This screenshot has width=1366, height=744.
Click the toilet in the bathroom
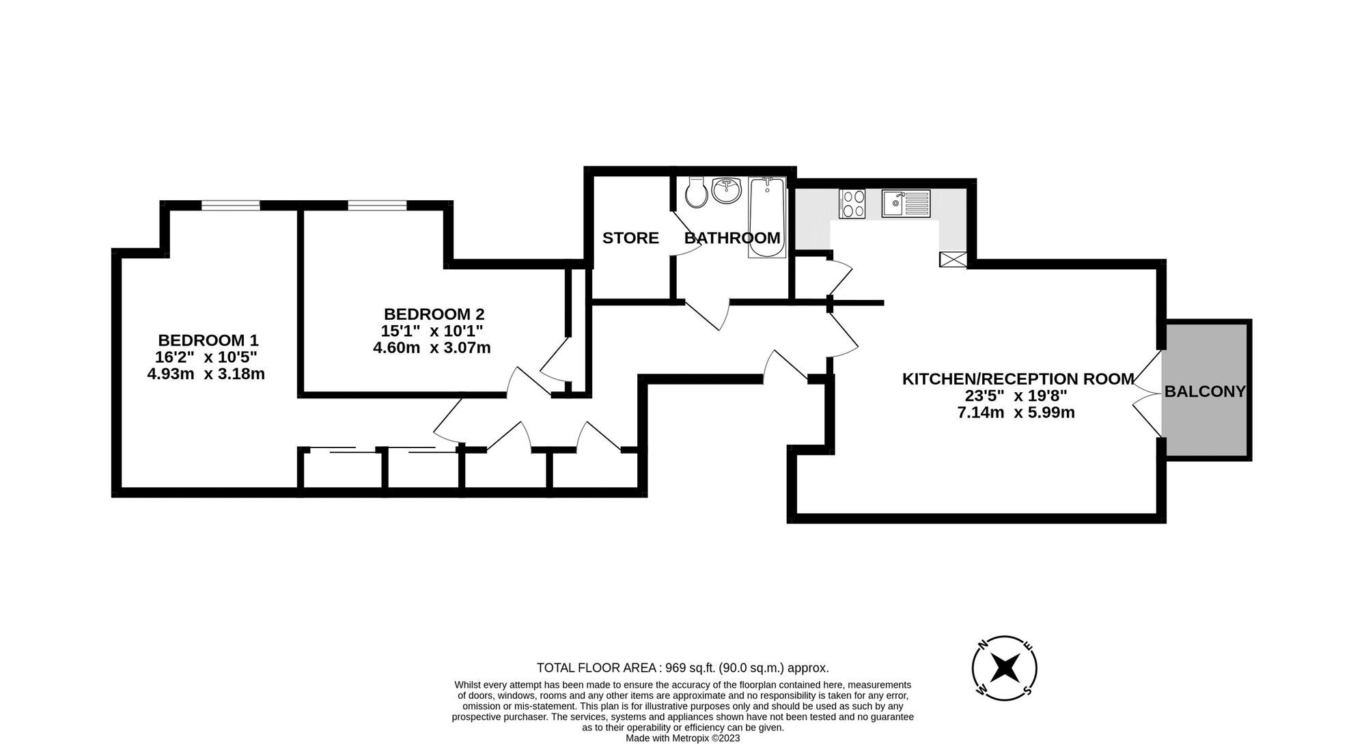(697, 193)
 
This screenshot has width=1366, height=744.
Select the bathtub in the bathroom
(767, 217)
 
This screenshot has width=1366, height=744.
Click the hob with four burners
(852, 204)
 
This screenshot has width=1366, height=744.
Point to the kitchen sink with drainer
(905, 204)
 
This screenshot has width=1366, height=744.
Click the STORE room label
(630, 238)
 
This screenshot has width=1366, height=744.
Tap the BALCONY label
(1205, 391)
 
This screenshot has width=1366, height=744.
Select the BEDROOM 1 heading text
(208, 340)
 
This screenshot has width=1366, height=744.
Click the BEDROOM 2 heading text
(434, 314)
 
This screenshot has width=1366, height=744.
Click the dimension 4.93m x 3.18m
(206, 374)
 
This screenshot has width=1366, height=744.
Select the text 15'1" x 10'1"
(432, 331)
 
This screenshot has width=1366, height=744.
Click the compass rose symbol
(1005, 668)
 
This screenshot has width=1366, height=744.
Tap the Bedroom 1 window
(231, 205)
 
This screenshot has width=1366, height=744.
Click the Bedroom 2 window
(377, 205)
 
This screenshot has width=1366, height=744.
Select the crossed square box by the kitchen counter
(953, 259)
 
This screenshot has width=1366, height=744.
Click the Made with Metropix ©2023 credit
(682, 739)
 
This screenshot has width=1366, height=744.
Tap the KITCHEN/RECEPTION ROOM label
(1018, 379)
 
